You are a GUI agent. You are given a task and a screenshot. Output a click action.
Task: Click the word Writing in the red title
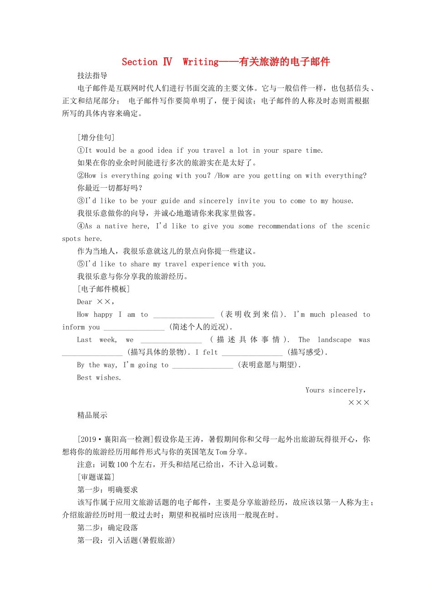[201, 62]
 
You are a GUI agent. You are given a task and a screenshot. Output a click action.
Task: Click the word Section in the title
[139, 62]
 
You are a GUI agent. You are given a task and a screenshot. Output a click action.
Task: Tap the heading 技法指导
[92, 75]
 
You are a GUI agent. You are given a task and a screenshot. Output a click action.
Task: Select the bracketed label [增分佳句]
[96, 137]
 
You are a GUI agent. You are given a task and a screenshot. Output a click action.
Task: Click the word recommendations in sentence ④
[286, 226]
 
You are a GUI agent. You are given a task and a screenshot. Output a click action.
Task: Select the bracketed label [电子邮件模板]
[104, 289]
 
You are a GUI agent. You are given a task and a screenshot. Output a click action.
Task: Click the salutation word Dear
[85, 301]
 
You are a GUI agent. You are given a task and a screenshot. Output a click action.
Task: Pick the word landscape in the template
[334, 340]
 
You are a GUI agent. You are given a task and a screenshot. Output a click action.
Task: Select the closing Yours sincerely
[336, 390]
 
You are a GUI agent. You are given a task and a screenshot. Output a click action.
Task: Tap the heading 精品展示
[92, 415]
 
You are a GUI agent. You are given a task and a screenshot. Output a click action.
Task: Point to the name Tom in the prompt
[221, 452]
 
